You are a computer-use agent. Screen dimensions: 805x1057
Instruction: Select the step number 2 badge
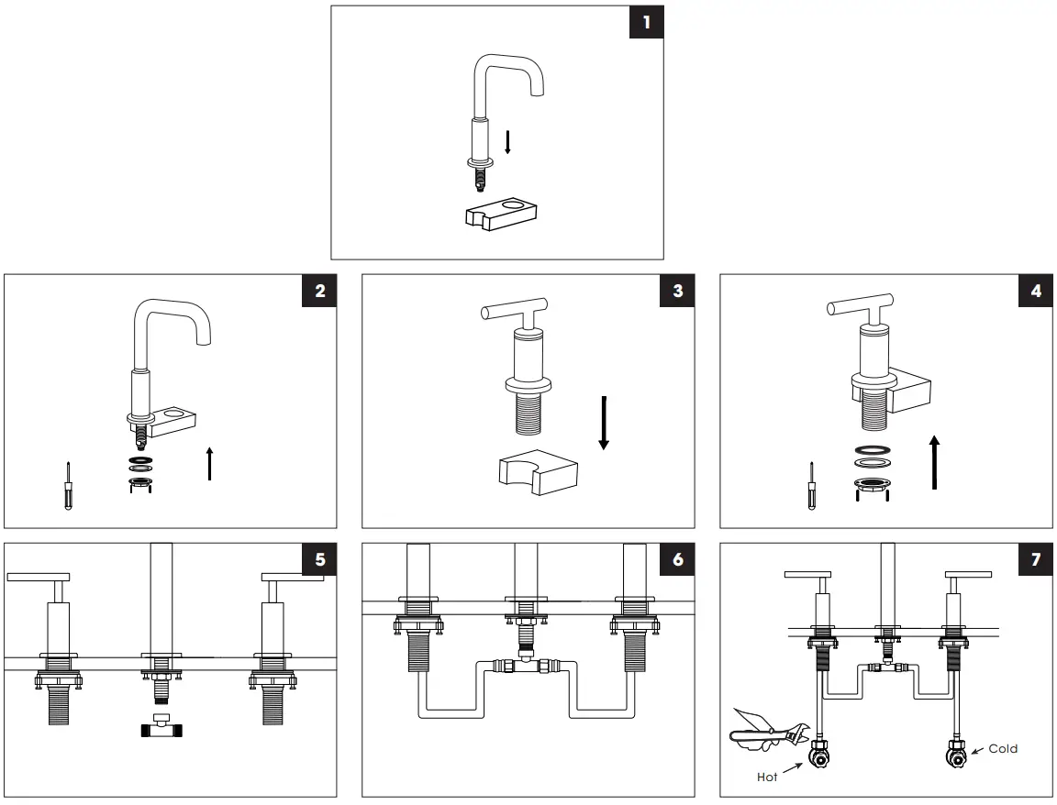click(x=319, y=292)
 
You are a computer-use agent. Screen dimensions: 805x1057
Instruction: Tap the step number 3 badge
click(x=677, y=292)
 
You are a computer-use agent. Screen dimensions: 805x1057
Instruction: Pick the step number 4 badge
click(x=1035, y=292)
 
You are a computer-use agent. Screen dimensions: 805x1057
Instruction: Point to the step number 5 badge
click(x=319, y=560)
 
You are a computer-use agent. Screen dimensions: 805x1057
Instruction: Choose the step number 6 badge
click(x=677, y=560)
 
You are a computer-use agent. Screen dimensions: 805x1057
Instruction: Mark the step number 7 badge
click(x=1035, y=560)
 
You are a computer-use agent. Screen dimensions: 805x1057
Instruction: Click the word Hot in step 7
click(x=767, y=777)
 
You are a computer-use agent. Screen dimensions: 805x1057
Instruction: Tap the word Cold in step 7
click(x=1003, y=749)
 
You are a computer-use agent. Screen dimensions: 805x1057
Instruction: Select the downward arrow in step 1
click(x=507, y=142)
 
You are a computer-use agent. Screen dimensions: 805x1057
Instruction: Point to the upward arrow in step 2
click(x=210, y=463)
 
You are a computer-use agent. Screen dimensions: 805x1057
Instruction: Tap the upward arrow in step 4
click(x=934, y=463)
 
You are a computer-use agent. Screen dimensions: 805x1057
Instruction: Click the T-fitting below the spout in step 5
click(x=161, y=727)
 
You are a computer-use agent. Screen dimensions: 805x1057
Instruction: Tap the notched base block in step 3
click(x=537, y=472)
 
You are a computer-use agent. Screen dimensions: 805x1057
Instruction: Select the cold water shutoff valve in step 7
click(x=955, y=757)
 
